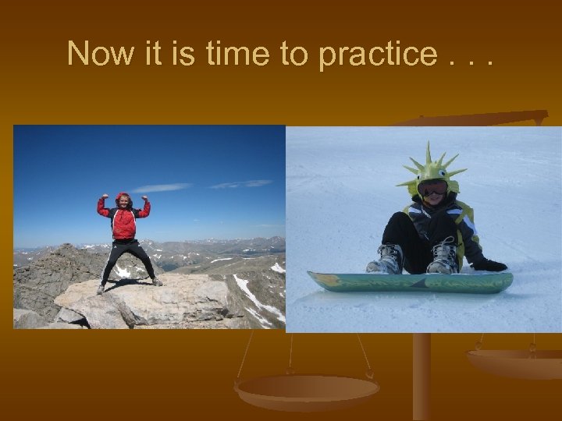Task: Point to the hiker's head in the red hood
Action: coord(123,200)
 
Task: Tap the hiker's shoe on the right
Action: coord(157,281)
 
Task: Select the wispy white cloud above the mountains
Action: coord(160,188)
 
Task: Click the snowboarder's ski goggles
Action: coord(433,188)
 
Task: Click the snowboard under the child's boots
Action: coord(410,281)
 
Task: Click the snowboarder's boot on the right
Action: coord(443,257)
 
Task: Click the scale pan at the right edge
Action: coord(515,361)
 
